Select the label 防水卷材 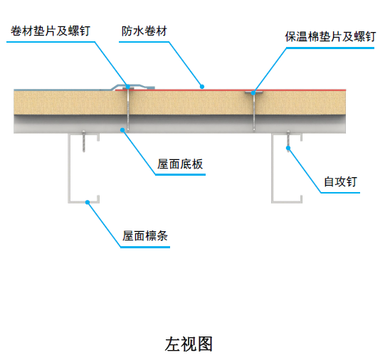(x=144, y=32)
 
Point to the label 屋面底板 (x=180, y=164)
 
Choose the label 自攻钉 (x=339, y=181)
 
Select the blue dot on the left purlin (x=88, y=203)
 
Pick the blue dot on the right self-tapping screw (x=288, y=148)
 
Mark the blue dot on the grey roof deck (x=122, y=129)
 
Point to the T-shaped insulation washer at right (x=254, y=93)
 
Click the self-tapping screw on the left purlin (x=84, y=142)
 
